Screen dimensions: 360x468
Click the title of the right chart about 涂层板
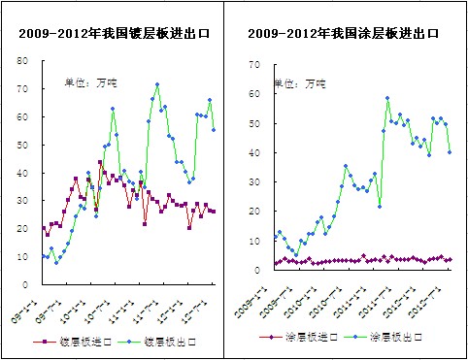tap(343, 33)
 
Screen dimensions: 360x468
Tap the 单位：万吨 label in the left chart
tap(89, 82)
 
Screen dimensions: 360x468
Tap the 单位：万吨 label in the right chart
tap(302, 82)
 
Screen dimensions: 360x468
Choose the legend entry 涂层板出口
tap(400, 337)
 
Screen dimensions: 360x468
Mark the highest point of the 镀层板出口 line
tap(157, 84)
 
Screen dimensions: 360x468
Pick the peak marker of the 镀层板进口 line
tap(100, 162)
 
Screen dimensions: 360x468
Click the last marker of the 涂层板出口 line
tap(450, 151)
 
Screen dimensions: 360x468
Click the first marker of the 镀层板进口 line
tap(42, 228)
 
